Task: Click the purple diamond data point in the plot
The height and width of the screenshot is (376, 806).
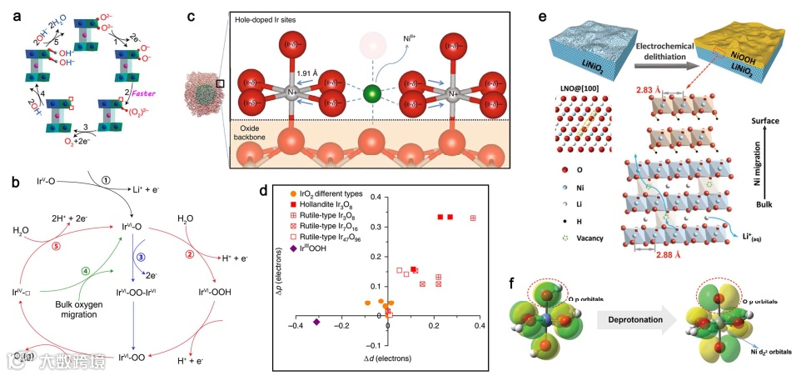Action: [316, 322]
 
